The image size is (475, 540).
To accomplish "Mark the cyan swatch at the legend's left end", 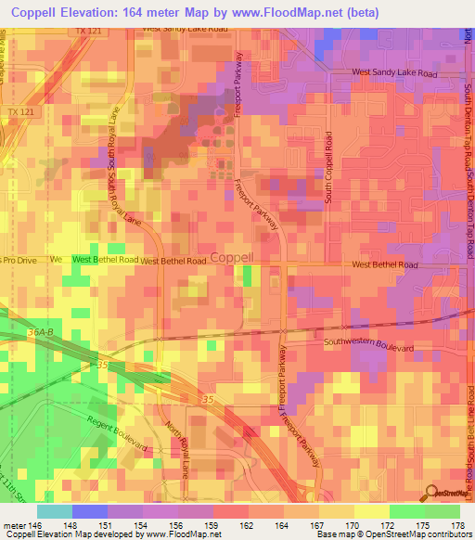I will point(55,510).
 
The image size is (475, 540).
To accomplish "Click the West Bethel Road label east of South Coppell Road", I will point(385,264).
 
